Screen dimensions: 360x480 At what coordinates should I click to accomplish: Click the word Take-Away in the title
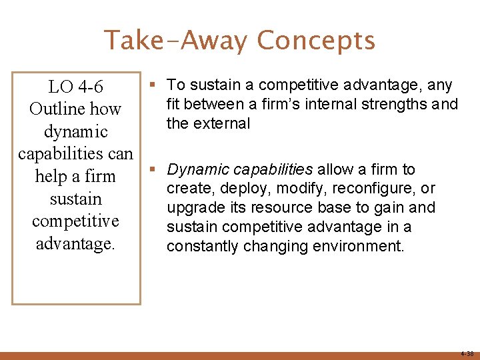[176, 41]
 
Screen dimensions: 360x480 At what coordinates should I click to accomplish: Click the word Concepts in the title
[316, 41]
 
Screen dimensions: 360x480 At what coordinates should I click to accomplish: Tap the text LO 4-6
[75, 87]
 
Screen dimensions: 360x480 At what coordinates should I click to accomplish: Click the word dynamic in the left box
[75, 132]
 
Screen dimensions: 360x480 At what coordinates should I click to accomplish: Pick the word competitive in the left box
[75, 221]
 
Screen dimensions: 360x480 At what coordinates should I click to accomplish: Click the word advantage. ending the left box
[75, 243]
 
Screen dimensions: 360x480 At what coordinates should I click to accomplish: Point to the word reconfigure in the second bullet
[373, 189]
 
